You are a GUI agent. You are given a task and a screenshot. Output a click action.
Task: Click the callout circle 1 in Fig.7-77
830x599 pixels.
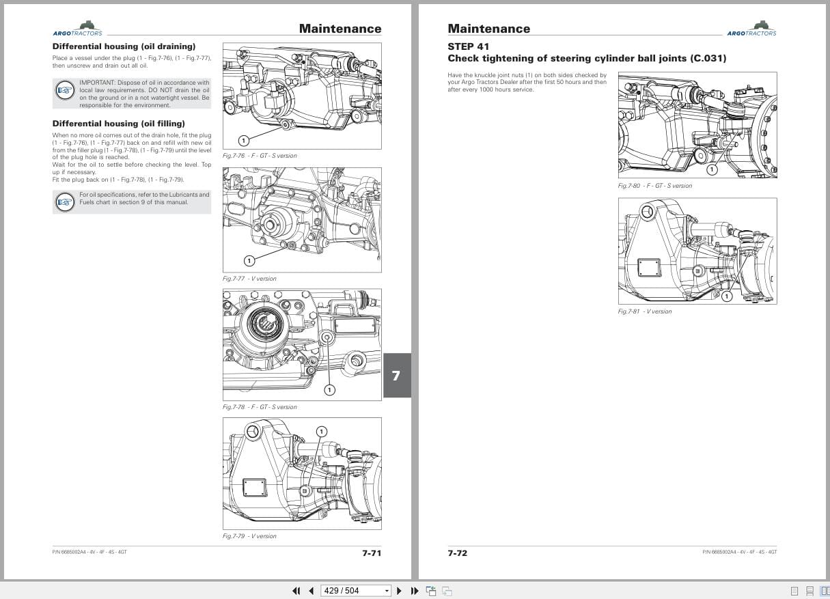(x=249, y=260)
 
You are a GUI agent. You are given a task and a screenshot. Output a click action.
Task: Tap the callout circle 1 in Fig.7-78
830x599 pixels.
(x=329, y=390)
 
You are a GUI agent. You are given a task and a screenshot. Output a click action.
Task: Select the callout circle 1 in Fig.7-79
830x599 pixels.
(x=322, y=431)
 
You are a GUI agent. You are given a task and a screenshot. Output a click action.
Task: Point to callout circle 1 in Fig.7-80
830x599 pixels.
(x=711, y=169)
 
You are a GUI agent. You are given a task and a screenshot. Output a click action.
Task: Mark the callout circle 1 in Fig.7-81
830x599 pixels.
(x=727, y=296)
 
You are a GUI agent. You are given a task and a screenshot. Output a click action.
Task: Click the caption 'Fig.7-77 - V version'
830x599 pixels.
(x=249, y=279)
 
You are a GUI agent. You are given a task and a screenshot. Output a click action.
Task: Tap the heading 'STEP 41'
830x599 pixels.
(x=468, y=46)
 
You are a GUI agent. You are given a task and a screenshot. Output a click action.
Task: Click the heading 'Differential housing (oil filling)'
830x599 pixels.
(x=118, y=124)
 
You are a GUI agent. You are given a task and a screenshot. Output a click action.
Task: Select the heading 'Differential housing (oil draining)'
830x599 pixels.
(x=124, y=46)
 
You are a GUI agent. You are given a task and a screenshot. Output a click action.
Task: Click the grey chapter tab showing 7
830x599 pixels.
(x=396, y=375)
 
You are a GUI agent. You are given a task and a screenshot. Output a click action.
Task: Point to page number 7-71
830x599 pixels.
(x=372, y=553)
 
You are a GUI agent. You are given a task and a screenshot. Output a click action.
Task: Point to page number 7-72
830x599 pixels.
(x=457, y=553)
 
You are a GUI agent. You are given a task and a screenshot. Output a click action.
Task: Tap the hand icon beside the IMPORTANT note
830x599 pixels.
(x=65, y=90)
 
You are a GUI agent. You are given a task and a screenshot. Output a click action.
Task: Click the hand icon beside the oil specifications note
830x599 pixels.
(x=65, y=201)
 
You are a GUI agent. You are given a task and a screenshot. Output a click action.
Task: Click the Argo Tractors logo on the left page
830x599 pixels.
(x=77, y=29)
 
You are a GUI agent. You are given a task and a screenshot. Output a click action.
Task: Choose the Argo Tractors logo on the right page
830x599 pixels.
(x=751, y=29)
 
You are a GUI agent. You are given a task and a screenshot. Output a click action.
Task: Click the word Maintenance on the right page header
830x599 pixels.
(x=488, y=29)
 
